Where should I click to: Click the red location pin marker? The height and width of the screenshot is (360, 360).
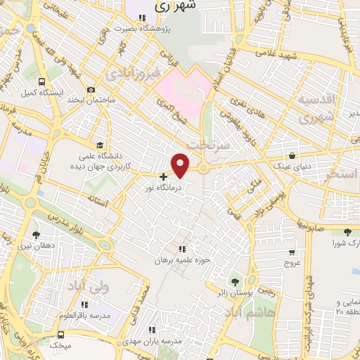pos(181,165)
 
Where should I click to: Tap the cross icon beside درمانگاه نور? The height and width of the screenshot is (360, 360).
pos(163,177)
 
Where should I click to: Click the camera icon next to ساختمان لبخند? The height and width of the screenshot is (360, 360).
pos(91,90)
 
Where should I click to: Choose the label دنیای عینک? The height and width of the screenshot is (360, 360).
pos(291,167)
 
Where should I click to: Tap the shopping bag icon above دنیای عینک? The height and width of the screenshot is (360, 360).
pos(292,156)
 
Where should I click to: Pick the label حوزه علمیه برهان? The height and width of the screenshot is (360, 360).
pos(183,260)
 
